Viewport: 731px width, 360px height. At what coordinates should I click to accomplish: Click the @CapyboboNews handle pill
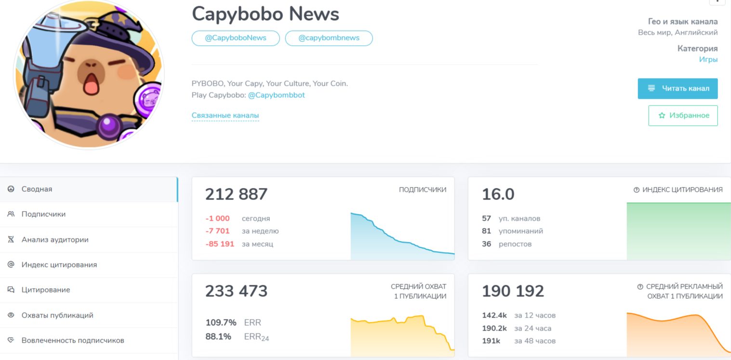coord(236,38)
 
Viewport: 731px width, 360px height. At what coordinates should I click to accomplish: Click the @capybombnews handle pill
coord(329,38)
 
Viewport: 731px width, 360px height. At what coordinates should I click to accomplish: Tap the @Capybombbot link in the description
coord(276,95)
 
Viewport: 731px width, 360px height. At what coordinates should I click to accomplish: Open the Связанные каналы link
coord(225,116)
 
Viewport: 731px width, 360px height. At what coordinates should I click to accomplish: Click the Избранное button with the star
coord(683,116)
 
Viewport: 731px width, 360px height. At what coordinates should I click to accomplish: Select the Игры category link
coord(708,60)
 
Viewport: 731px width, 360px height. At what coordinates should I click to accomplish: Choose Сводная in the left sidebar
coord(37,189)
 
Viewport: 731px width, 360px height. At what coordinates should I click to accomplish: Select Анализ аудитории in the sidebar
coord(55,240)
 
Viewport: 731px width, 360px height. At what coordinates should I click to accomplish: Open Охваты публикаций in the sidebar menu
coord(57,315)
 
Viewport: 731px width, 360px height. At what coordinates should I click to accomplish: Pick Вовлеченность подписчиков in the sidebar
coord(73,340)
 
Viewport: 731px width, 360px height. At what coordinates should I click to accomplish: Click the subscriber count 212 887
coord(236,194)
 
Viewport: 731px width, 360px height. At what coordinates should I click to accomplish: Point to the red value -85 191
coord(220,244)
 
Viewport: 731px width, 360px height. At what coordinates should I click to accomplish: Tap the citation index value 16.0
coord(498,194)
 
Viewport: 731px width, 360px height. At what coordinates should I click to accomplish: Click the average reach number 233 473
coord(236,291)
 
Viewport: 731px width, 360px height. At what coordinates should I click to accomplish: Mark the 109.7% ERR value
coord(221,322)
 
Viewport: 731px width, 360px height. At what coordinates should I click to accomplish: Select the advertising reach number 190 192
coord(513,291)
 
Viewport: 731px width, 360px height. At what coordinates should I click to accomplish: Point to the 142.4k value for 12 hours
coord(494,316)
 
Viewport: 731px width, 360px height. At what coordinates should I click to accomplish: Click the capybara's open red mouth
coord(90,86)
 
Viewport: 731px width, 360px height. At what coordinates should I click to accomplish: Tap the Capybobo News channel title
coord(266,14)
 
